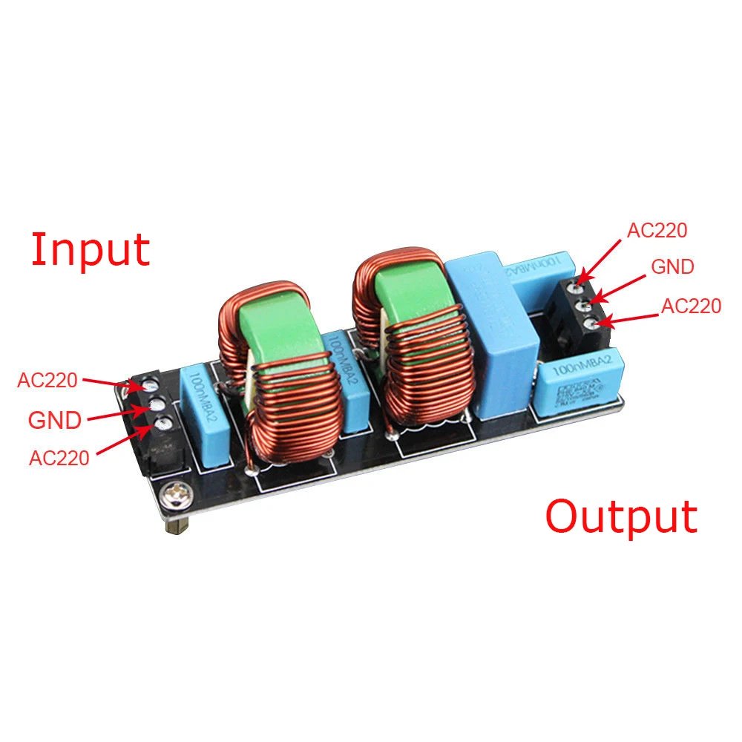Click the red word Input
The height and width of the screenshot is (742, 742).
(90, 251)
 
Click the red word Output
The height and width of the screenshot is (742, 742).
(621, 517)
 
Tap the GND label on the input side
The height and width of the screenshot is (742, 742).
(54, 420)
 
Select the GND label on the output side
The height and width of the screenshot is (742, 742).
(672, 266)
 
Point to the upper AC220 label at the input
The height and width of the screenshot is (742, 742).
(47, 381)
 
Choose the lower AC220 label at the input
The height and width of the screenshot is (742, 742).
(59, 457)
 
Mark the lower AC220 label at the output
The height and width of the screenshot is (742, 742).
(691, 306)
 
